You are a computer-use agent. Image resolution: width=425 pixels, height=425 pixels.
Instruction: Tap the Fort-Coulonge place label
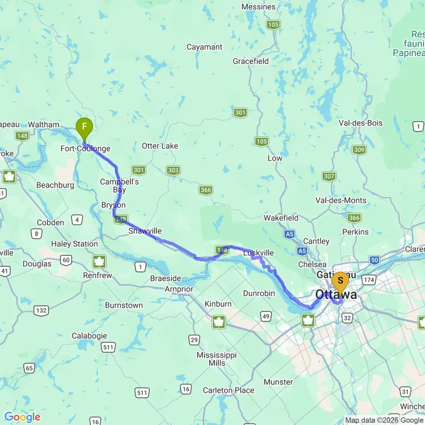(x=86, y=149)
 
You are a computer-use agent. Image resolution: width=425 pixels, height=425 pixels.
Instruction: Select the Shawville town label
(x=144, y=231)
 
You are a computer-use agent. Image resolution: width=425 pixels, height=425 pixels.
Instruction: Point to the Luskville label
(x=258, y=253)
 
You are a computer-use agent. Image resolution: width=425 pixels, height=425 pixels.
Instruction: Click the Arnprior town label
(x=179, y=289)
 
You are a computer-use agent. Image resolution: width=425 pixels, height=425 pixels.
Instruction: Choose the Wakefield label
(x=281, y=218)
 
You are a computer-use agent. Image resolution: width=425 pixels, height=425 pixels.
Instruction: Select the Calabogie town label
(x=90, y=336)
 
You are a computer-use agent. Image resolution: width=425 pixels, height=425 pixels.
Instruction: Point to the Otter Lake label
(x=160, y=146)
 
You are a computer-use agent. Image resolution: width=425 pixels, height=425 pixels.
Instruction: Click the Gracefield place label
(x=250, y=61)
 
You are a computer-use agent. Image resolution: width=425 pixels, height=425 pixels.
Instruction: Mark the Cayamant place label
(x=205, y=47)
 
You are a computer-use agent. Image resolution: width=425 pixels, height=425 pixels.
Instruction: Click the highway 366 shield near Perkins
(x=354, y=218)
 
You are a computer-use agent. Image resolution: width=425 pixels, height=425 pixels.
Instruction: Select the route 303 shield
(x=173, y=171)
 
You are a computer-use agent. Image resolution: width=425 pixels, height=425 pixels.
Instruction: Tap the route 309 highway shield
(x=359, y=150)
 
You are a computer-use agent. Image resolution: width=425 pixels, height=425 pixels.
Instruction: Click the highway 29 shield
(x=194, y=340)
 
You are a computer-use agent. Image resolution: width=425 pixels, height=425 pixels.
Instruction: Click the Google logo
(x=22, y=417)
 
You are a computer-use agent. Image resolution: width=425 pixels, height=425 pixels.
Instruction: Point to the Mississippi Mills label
(x=211, y=359)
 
